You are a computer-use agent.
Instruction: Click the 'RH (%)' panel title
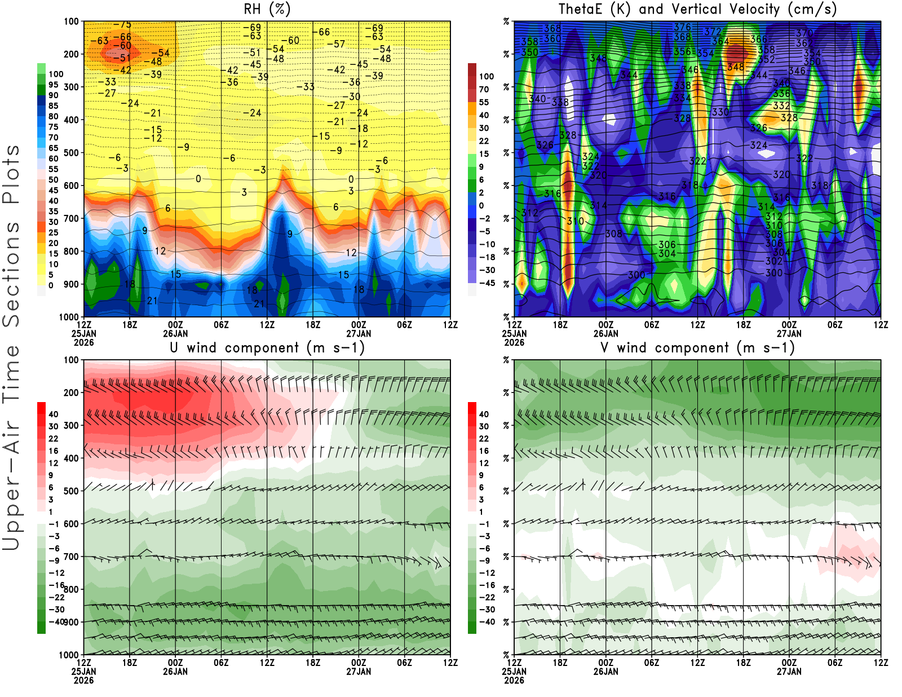pyautogui.click(x=267, y=9)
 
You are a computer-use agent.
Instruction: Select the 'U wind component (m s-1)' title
pyautogui.click(x=267, y=348)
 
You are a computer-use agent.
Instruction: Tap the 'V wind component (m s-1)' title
pyautogui.click(x=697, y=348)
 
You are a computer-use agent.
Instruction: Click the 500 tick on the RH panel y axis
pyautogui.click(x=72, y=153)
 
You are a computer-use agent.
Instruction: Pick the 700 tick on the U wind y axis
pyautogui.click(x=72, y=557)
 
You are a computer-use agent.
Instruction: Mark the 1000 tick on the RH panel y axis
pyautogui.click(x=69, y=317)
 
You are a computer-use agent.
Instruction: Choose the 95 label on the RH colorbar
pyautogui.click(x=54, y=85)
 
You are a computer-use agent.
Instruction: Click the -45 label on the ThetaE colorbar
pyautogui.click(x=487, y=283)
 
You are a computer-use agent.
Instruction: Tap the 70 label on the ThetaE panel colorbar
pyautogui.click(x=484, y=90)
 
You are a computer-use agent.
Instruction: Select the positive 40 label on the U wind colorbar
pyautogui.click(x=53, y=414)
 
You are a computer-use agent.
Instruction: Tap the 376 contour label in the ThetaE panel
pyautogui.click(x=682, y=27)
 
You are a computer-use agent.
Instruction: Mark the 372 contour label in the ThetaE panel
pyautogui.click(x=713, y=32)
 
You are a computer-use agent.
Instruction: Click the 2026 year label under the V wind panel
pyautogui.click(x=514, y=680)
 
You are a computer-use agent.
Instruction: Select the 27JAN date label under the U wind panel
pyautogui.click(x=359, y=672)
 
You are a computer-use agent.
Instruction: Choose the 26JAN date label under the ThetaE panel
pyautogui.click(x=605, y=333)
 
